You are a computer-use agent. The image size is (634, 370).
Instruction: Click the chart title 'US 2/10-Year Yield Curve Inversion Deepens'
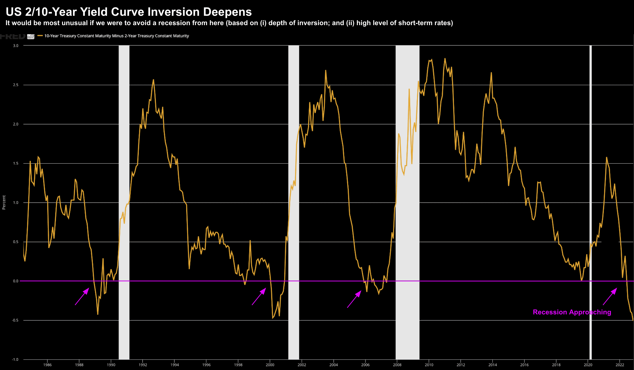[x=129, y=12]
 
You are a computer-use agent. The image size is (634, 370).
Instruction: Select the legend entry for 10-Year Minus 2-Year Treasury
[x=116, y=36]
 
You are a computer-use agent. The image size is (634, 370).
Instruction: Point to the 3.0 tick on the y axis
[x=16, y=46]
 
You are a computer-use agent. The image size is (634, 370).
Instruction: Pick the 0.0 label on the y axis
[x=16, y=281]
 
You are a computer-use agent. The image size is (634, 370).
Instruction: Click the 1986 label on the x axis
[x=47, y=365]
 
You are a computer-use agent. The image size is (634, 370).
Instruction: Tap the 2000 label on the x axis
[x=270, y=365]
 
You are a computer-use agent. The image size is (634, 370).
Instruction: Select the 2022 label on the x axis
[x=620, y=365]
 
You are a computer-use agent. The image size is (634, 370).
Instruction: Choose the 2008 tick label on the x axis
[x=397, y=365]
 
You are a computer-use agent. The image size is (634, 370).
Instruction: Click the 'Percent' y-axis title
[x=4, y=202]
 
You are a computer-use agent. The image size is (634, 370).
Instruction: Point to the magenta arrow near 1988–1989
[x=82, y=296]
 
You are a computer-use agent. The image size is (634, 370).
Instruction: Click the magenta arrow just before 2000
[x=259, y=296]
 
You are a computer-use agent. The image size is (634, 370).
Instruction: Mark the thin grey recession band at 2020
[x=590, y=176]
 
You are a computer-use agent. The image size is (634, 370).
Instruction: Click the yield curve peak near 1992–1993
[x=154, y=80]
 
